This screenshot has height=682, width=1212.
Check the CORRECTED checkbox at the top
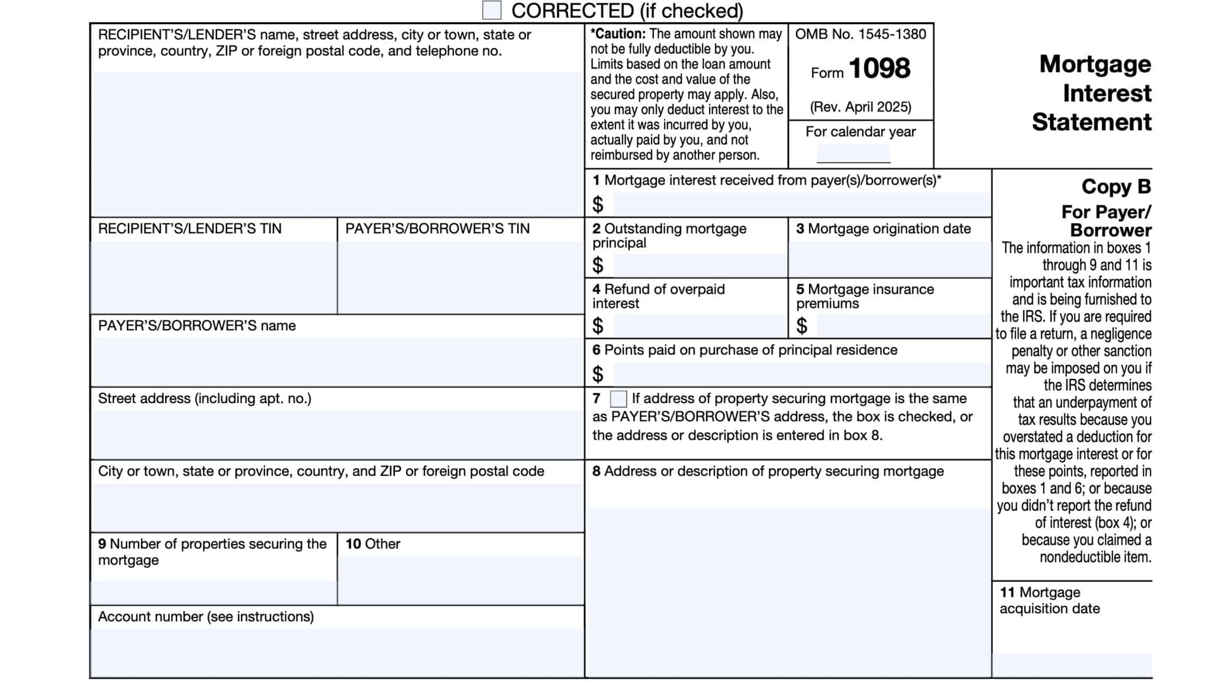[x=491, y=10]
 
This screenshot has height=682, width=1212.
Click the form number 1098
[x=879, y=69]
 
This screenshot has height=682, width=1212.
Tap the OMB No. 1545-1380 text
[x=860, y=34]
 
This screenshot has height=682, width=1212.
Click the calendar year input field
[x=853, y=154]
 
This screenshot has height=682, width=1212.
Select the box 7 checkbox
[x=618, y=399]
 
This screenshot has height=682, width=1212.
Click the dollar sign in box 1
[x=598, y=205]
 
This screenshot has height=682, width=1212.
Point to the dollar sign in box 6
[x=598, y=374]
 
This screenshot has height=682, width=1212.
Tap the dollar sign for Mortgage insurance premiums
[x=801, y=326]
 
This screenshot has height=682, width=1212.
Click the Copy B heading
[x=1116, y=186]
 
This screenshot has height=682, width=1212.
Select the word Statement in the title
[x=1091, y=123]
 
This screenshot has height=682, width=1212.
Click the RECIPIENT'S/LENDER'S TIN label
[x=189, y=229]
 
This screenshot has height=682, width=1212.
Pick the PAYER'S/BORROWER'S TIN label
[x=437, y=229]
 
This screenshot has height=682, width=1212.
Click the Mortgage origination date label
[x=888, y=229]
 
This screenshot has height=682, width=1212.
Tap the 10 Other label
[x=373, y=544]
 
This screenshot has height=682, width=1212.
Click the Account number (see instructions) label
[x=205, y=617]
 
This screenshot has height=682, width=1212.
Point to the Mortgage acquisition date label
[x=1049, y=600]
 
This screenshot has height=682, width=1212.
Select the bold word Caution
[x=619, y=34]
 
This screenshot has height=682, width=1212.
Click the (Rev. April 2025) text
[x=860, y=107]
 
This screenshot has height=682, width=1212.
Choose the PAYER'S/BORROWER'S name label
[x=196, y=326]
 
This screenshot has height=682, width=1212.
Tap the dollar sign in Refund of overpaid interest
[x=598, y=326]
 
